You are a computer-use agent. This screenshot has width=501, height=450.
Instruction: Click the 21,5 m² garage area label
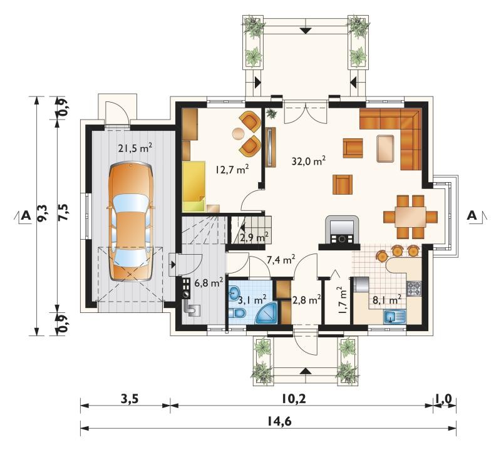135,148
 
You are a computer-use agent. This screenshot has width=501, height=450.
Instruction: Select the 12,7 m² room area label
232,169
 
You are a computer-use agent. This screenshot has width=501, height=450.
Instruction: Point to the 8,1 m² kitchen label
387,300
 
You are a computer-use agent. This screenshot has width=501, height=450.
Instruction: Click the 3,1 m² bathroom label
252,300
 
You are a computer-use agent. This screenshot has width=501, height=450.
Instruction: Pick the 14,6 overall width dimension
282,422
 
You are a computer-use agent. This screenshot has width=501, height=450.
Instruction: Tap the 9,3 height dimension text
42,213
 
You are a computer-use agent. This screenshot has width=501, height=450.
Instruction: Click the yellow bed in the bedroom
194,186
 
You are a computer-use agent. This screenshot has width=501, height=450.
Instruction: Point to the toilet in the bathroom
237,314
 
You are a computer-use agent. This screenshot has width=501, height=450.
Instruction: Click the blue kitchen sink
395,317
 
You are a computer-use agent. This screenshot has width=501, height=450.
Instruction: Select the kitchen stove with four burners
414,289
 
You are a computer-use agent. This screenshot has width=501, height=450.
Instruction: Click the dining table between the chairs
411,217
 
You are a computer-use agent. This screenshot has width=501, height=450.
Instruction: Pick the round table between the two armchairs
238,134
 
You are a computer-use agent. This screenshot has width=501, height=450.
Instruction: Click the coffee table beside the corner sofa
385,148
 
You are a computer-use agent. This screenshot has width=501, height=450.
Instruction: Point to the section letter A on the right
472,215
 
